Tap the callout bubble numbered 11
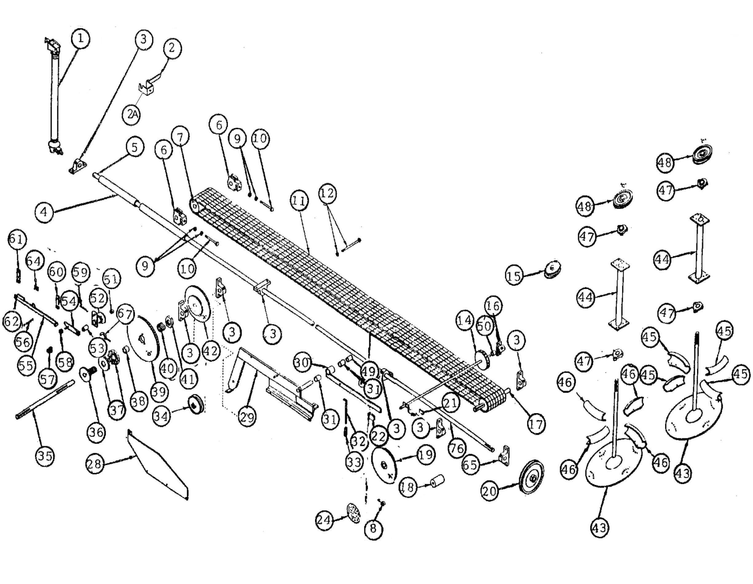298,200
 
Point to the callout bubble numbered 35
45,456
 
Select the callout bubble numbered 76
457,448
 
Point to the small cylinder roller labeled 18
437,481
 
